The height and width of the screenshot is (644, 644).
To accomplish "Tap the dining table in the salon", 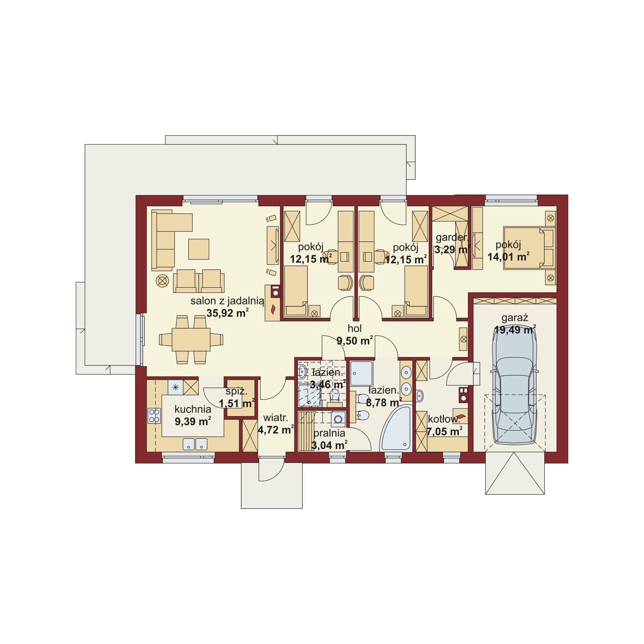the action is (191, 339).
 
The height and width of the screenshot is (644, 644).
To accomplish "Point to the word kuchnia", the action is (193, 409).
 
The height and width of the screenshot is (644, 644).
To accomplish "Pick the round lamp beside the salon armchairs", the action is (162, 281).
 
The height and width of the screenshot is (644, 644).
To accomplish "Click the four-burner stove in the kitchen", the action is (154, 415).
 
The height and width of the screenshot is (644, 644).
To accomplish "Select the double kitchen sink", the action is (195, 444).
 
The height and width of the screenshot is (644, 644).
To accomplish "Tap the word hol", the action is (355, 328).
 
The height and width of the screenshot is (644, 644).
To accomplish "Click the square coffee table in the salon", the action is (198, 249).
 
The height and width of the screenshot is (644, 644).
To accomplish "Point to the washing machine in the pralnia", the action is (339, 419).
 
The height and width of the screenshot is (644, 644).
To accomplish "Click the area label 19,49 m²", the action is (515, 330).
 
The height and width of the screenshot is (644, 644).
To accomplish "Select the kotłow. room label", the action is (444, 419).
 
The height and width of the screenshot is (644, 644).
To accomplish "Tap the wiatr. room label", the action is (275, 419).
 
